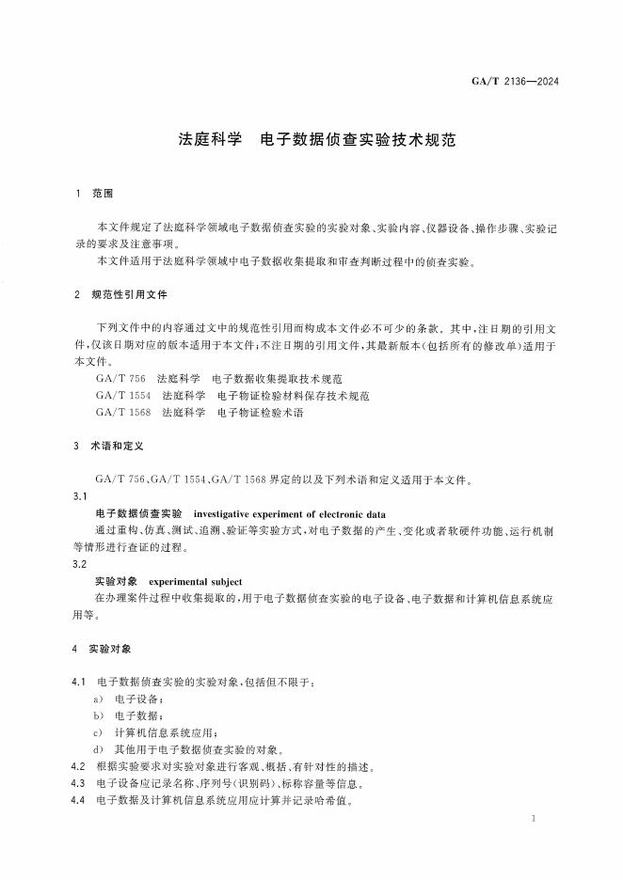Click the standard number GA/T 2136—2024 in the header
pos(515,82)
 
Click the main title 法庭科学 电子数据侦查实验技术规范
pos(316,140)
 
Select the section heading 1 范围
pos(94,193)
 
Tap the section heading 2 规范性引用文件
pos(120,294)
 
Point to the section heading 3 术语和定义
pos(107,446)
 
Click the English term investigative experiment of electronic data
pos(289,513)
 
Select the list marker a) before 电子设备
pos(99,699)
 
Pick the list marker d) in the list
pos(99,749)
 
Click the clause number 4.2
pos(79,766)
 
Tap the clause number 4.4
pos(79,800)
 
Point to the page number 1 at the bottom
pos(533,820)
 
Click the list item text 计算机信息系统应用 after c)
pos(166,732)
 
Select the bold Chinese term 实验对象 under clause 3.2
pos(117,581)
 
